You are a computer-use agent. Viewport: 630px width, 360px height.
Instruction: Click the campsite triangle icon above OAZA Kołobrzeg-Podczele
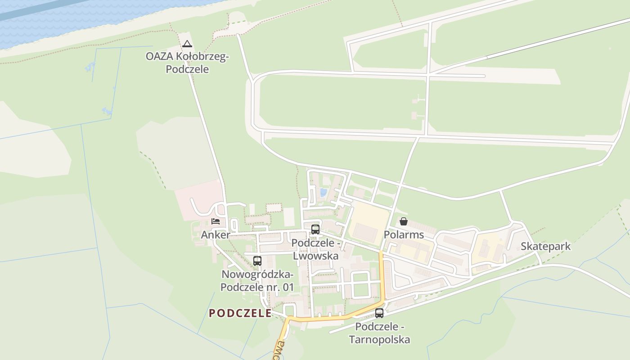tap(187, 44)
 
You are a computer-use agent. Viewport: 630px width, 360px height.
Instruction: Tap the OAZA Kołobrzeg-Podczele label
tap(187, 63)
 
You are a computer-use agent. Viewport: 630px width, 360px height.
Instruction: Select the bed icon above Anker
tap(216, 221)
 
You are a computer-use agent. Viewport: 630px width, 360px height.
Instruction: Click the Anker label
tap(215, 234)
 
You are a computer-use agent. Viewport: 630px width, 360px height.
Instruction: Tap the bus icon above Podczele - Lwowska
tap(315, 229)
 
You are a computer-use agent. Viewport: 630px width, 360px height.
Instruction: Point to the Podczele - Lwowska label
tap(315, 249)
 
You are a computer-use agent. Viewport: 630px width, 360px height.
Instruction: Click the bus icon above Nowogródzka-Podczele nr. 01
tap(257, 261)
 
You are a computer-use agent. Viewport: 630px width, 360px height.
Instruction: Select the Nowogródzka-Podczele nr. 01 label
tap(257, 280)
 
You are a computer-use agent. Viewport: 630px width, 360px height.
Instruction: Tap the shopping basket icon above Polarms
tap(404, 221)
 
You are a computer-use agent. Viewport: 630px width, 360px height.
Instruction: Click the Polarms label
tap(404, 234)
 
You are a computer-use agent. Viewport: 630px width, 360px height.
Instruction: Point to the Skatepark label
tap(545, 246)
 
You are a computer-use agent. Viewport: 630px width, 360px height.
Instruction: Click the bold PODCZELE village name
tap(240, 313)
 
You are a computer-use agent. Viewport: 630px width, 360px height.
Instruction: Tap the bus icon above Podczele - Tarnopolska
tap(379, 313)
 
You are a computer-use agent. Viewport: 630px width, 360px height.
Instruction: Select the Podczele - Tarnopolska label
tap(379, 333)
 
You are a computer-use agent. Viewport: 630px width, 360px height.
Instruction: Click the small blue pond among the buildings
tap(323, 193)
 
